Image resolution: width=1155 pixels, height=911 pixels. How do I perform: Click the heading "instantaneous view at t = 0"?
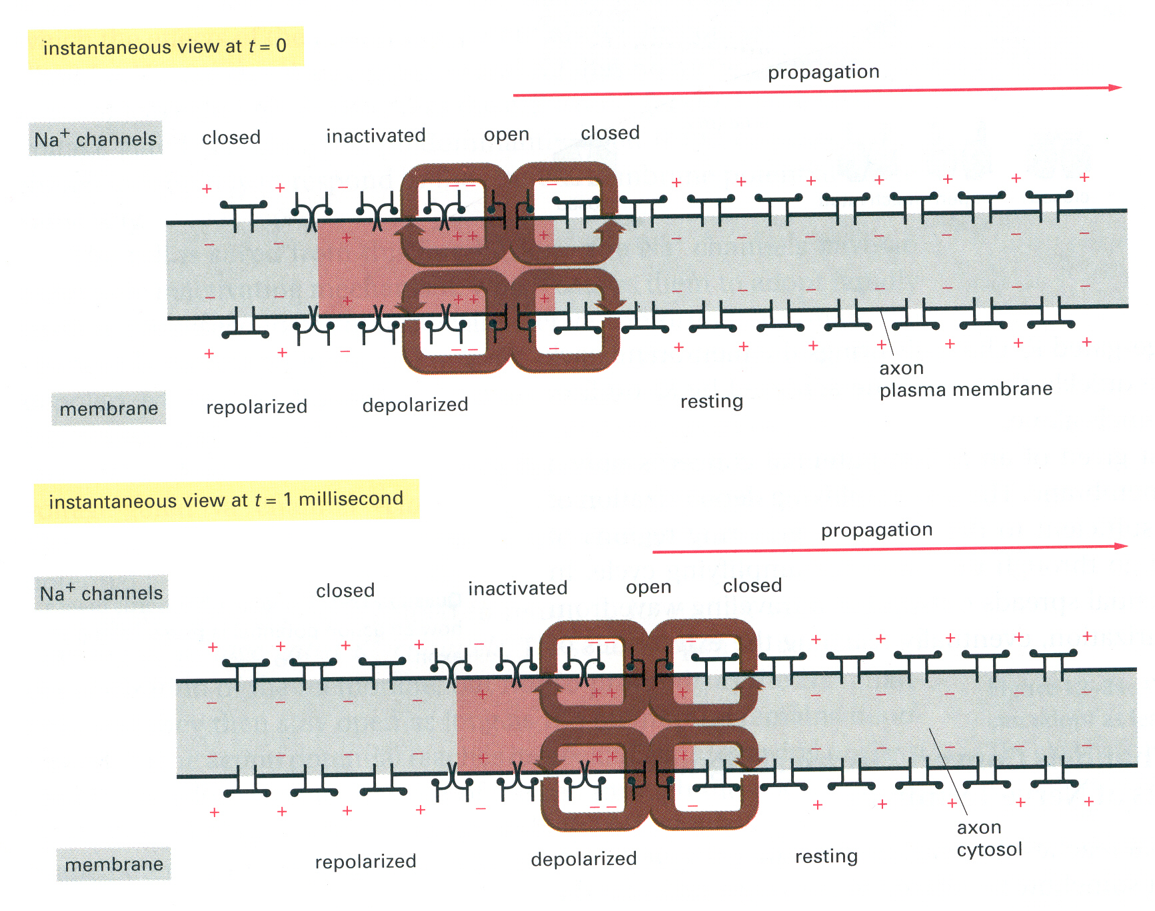click(x=165, y=47)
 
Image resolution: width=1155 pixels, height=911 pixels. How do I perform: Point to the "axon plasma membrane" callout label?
click(x=965, y=379)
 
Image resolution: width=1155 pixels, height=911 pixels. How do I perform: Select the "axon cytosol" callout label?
click(x=989, y=838)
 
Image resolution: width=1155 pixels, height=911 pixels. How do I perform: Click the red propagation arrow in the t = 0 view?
click(x=816, y=91)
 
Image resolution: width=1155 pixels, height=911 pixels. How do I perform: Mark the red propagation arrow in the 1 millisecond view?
click(x=890, y=549)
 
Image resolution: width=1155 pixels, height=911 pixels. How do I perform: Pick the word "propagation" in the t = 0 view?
click(x=823, y=72)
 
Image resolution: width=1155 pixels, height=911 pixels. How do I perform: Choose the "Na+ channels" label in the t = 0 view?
click(x=95, y=139)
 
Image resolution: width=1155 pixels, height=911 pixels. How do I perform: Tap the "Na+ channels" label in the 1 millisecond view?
click(x=101, y=592)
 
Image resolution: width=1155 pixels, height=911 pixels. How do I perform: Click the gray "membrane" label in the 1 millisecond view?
click(x=114, y=864)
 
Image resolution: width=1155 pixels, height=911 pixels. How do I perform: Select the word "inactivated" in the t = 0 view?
click(x=376, y=136)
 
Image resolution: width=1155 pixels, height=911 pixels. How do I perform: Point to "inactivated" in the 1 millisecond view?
click(x=518, y=588)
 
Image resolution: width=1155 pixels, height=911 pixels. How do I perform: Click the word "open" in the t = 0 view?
click(x=507, y=135)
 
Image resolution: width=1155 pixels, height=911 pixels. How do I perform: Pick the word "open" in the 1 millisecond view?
click(x=648, y=588)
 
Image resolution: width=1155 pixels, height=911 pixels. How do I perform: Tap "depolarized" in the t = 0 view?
click(x=415, y=405)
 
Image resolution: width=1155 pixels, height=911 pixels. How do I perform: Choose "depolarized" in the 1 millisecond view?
click(x=584, y=858)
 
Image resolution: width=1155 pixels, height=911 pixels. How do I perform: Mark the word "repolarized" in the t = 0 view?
click(x=257, y=407)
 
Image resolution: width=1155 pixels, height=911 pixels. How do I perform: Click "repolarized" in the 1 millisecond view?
click(x=365, y=862)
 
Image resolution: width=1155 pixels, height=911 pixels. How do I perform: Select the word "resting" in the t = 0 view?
click(x=711, y=402)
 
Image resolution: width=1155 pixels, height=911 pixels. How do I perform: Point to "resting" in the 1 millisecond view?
click(x=826, y=856)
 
